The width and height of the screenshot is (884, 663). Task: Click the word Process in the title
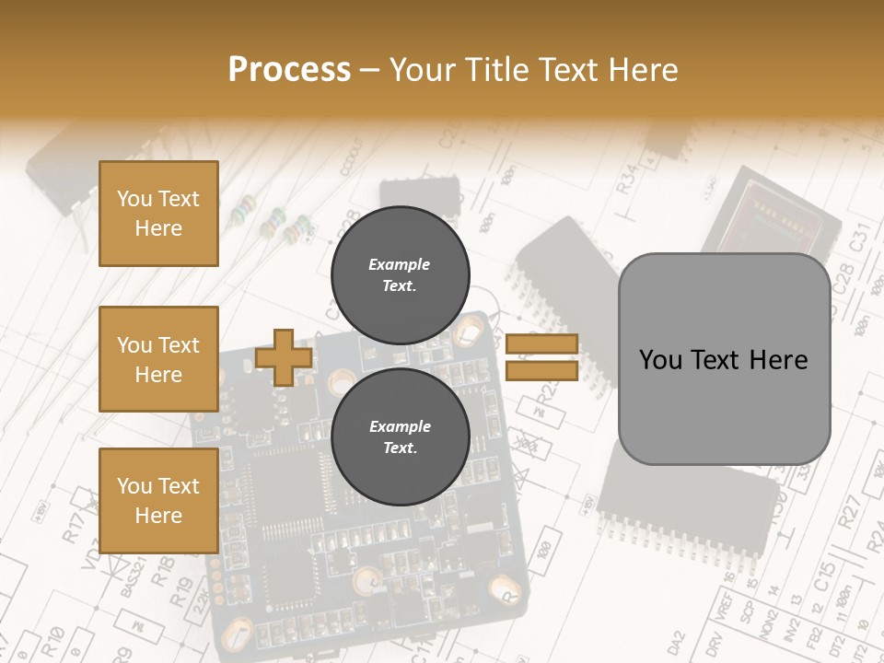pyautogui.click(x=289, y=70)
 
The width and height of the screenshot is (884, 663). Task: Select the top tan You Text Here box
pyautogui.click(x=158, y=214)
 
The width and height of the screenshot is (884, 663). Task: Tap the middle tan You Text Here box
pyautogui.click(x=158, y=359)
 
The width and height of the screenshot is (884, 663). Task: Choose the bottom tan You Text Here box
pyautogui.click(x=158, y=501)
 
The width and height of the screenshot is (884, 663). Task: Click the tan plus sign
pyautogui.click(x=284, y=357)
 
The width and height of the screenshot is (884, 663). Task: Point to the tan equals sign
pyautogui.click(x=541, y=357)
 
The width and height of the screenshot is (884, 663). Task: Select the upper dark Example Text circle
pyautogui.click(x=401, y=275)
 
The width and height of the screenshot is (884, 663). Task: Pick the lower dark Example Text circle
pyautogui.click(x=401, y=437)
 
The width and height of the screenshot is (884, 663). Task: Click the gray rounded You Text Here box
pyautogui.click(x=724, y=359)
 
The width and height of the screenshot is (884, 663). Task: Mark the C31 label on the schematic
pyautogui.click(x=859, y=239)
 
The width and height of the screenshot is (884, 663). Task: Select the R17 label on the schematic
pyautogui.click(x=74, y=526)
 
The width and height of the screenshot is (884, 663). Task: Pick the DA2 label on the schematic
pyautogui.click(x=677, y=641)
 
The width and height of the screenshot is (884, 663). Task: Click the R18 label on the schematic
pyautogui.click(x=162, y=572)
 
